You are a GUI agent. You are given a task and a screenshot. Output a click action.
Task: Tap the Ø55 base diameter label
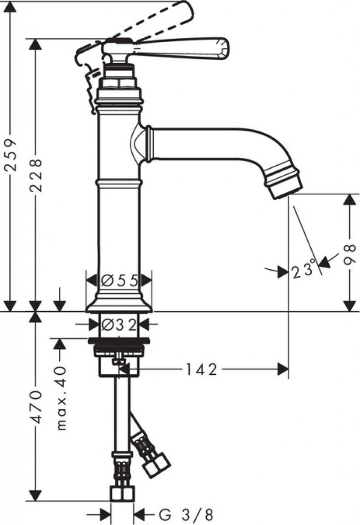(119, 280)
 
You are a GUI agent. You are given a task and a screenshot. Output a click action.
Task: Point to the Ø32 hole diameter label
(119, 325)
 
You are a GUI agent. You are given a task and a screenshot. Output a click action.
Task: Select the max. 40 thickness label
(62, 398)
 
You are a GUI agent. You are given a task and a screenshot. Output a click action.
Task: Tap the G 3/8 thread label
(186, 514)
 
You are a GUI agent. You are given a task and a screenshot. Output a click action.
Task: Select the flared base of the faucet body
(119, 304)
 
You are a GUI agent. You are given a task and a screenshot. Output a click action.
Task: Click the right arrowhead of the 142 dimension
(283, 370)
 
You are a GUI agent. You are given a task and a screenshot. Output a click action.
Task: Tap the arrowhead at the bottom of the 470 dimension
(35, 495)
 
